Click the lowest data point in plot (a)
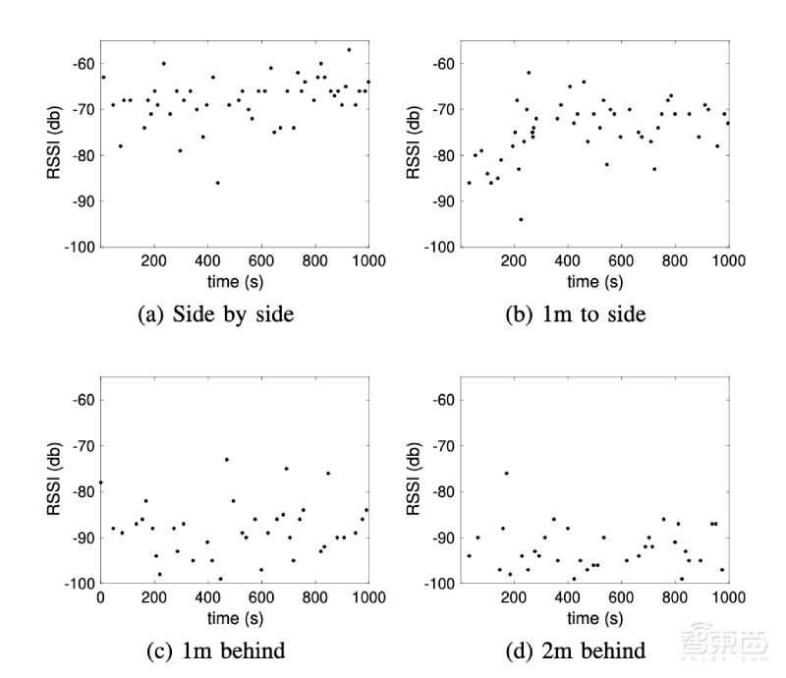pyautogui.click(x=217, y=183)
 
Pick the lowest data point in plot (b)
pyautogui.click(x=521, y=219)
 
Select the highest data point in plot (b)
pyautogui.click(x=528, y=72)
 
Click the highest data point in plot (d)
pyautogui.click(x=507, y=474)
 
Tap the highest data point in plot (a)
pyautogui.click(x=348, y=49)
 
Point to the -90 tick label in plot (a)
pyautogui.click(x=81, y=200)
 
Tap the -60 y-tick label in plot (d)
pyautogui.click(x=442, y=400)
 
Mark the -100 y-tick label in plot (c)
pyautogui.click(x=78, y=584)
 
